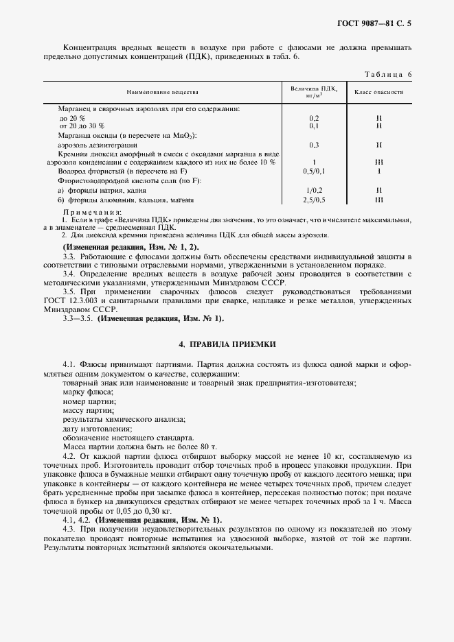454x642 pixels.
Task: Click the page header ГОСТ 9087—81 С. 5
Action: tap(377, 23)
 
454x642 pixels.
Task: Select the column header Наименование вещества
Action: tap(162, 91)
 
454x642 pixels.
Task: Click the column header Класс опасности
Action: tap(378, 91)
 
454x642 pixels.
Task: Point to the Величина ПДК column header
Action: tap(313, 91)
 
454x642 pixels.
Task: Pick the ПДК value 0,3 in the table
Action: tap(313, 145)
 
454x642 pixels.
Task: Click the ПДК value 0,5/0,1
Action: tap(313, 171)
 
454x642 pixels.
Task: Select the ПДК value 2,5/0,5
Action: tap(313, 200)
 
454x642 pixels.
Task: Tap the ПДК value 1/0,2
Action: tap(313, 190)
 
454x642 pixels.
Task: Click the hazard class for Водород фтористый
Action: tap(378, 171)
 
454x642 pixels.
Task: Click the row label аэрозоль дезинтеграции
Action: tap(98, 145)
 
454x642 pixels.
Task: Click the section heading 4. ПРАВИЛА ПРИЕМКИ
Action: tap(227, 343)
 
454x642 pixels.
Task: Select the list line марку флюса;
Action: tap(84, 391)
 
